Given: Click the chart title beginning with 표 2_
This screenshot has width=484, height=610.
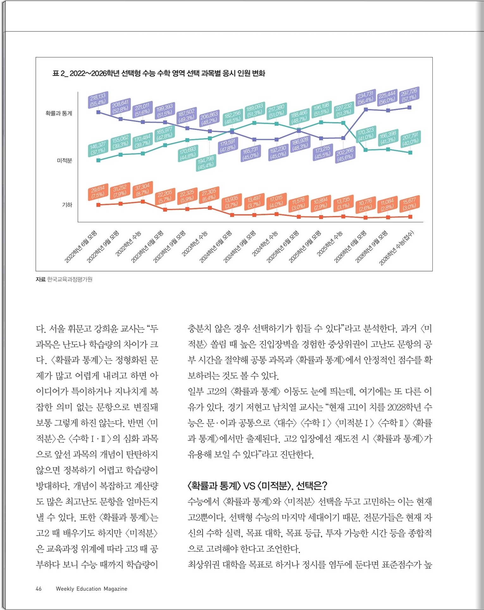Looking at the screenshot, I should point(158,73).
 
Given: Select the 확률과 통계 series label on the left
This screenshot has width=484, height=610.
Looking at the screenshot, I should point(59,113).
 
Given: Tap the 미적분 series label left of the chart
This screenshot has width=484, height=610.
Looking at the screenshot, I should point(64,161).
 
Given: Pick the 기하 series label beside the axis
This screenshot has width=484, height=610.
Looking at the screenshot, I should point(67,205).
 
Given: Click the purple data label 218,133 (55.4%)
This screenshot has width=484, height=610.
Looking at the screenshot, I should point(98,99).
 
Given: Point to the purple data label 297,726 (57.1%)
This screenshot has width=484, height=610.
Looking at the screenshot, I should point(409,95).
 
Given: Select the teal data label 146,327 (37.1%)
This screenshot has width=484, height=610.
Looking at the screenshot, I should point(98,148).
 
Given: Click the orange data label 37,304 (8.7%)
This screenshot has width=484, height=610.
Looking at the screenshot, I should point(142,189).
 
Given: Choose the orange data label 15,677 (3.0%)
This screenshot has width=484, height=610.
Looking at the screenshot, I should point(409,204).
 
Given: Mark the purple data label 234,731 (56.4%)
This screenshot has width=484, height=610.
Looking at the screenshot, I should point(365,97).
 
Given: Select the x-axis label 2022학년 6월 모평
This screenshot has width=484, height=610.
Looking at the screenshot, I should point(81,247).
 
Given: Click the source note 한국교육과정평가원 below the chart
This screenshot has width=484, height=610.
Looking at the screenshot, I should point(70,279).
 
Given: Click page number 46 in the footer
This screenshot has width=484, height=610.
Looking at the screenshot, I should point(39,589).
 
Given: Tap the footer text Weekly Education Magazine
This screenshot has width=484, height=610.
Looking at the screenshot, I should point(91,589).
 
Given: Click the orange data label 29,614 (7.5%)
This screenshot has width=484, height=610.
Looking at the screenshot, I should point(98,192).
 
